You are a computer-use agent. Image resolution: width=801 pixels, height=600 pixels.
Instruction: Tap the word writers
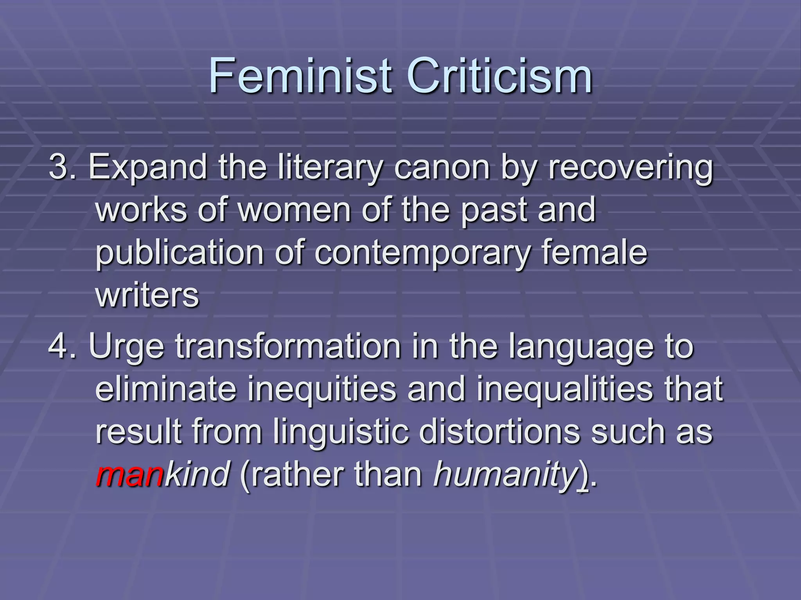[x=147, y=295]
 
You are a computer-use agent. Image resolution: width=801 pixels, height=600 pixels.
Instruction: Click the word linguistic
[x=341, y=432]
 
